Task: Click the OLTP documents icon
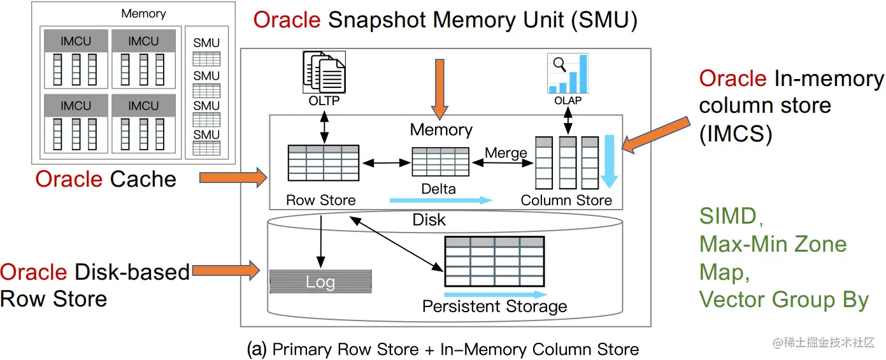coord(324,74)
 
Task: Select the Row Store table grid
coord(323,163)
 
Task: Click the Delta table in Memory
coord(440,162)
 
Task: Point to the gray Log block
coord(320,282)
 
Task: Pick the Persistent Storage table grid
coord(494,261)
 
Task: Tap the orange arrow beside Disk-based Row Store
coord(225,271)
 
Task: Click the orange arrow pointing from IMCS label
coord(656,135)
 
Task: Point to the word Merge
coord(506,153)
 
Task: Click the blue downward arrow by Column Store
coord(609,162)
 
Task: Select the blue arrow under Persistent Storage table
coord(495,294)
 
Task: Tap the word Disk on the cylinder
coord(429,220)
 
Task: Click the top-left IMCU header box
coord(76,41)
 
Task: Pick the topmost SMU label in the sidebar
coord(206,43)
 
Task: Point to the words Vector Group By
coord(783,299)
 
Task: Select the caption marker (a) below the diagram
coord(256,349)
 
